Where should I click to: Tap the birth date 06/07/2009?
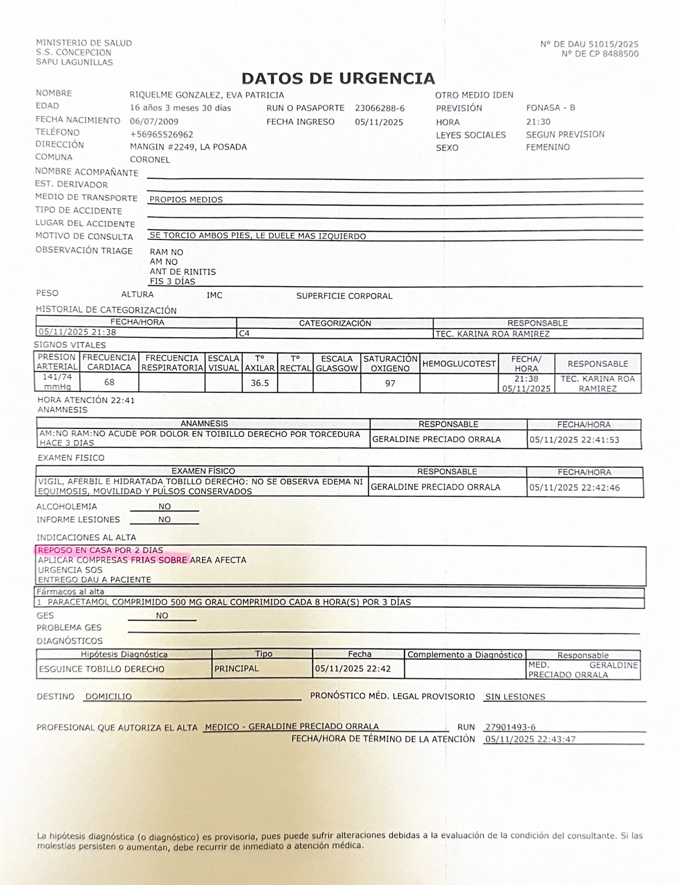click(154, 121)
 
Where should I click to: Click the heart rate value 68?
click(109, 382)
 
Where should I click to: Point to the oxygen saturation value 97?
click(390, 383)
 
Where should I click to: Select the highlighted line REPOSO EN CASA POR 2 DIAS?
click(101, 550)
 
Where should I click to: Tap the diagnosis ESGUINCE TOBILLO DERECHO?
click(101, 669)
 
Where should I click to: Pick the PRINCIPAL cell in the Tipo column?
click(236, 668)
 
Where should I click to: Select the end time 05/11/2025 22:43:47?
click(530, 739)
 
